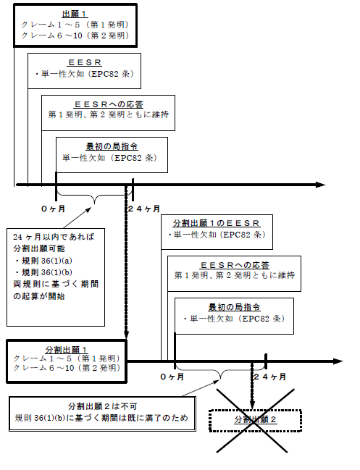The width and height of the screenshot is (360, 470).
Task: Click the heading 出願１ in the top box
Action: (x=75, y=14)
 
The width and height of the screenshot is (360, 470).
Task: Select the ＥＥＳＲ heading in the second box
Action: (x=85, y=62)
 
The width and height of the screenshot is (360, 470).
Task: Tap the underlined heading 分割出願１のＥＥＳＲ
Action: (x=216, y=223)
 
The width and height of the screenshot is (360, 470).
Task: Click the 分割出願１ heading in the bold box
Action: (x=66, y=350)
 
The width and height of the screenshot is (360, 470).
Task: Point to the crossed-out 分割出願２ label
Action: (x=255, y=419)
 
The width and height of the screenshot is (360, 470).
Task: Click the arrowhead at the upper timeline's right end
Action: (x=321, y=185)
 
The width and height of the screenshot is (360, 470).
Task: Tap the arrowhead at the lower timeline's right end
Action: (x=338, y=361)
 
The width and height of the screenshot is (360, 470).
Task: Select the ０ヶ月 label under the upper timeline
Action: (x=53, y=209)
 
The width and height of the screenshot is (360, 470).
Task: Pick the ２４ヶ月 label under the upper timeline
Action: (x=144, y=209)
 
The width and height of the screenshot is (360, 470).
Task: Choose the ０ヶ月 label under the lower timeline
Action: (x=172, y=377)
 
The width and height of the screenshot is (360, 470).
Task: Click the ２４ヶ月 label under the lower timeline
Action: (x=269, y=377)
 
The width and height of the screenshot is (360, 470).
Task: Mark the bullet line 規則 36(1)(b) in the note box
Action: (x=44, y=272)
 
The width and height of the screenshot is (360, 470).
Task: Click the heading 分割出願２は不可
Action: (x=103, y=406)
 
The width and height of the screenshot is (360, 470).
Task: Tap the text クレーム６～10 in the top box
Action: (x=51, y=35)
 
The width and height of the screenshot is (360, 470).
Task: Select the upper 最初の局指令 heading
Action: (x=112, y=146)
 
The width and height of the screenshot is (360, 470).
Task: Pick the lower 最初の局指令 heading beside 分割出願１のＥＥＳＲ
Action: (x=234, y=307)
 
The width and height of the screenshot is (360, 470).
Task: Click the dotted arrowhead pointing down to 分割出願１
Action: (x=126, y=335)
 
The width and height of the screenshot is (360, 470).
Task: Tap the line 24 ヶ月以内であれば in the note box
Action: (x=54, y=237)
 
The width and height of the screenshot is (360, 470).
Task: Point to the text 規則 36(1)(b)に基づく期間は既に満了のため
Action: (x=101, y=418)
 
